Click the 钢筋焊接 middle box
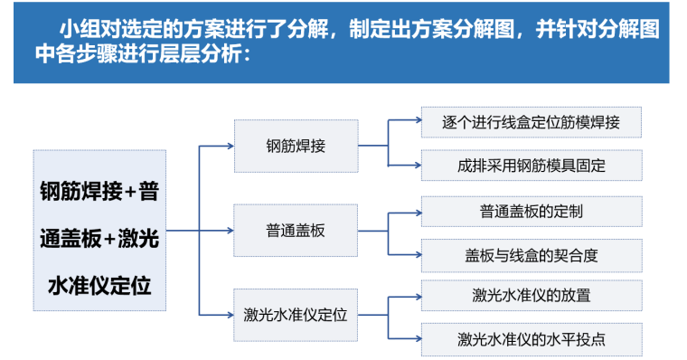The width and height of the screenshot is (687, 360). [296, 146]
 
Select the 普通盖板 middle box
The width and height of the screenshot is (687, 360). [296, 231]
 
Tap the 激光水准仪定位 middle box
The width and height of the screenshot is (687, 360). [296, 315]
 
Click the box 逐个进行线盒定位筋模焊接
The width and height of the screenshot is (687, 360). [532, 122]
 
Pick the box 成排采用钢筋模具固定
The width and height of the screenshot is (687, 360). [532, 166]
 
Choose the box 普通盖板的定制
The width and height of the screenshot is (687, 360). [532, 212]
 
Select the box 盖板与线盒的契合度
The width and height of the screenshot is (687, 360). [532, 255]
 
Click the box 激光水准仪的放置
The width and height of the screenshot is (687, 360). [532, 296]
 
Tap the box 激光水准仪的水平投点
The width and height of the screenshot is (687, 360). [532, 339]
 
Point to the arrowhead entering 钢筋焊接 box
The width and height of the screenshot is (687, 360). [231, 146]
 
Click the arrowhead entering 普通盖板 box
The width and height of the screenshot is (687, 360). [230, 231]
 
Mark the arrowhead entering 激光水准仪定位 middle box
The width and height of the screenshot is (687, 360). [230, 315]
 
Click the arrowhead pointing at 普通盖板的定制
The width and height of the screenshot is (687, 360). [418, 213]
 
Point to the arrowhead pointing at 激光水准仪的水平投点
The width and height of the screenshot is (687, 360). [418, 338]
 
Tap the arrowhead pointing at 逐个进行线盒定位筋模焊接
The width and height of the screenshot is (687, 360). [418, 119]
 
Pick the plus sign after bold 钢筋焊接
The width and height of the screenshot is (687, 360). [130, 192]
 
